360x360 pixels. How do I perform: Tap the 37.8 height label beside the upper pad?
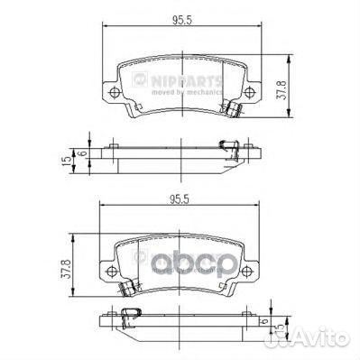click(x=281, y=88)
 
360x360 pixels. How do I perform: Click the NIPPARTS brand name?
click(x=178, y=83)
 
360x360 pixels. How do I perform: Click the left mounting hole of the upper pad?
click(x=112, y=95)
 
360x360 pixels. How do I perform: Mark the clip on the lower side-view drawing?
click(x=133, y=314)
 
